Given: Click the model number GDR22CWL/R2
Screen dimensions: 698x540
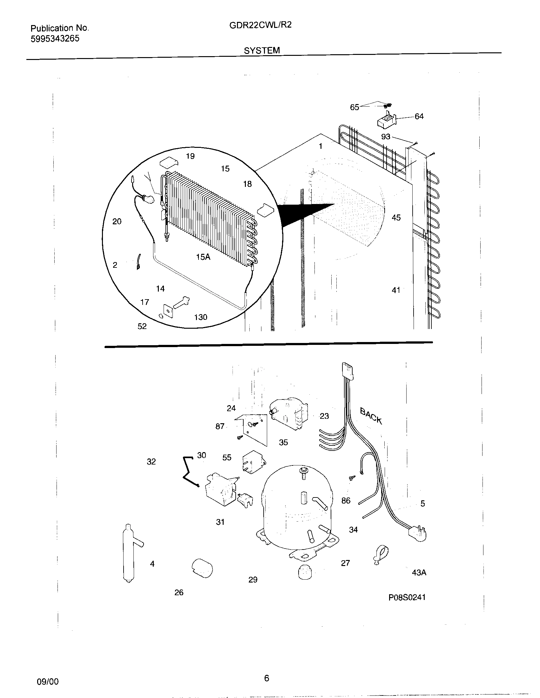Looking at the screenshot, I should point(260,25).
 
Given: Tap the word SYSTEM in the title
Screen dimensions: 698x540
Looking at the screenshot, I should point(262,50).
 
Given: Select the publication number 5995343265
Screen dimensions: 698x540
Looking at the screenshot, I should point(55,39).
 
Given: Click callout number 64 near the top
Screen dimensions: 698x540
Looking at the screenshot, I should point(419,116).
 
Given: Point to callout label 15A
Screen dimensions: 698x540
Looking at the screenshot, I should point(203,257).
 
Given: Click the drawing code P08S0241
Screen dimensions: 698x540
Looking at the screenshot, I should point(407,597).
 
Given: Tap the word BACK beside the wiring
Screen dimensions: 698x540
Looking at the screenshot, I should point(371,416).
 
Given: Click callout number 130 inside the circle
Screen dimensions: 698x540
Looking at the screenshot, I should point(200,317).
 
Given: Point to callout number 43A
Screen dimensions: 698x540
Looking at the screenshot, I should point(419,573).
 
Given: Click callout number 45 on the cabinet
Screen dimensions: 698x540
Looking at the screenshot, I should point(396,218).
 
